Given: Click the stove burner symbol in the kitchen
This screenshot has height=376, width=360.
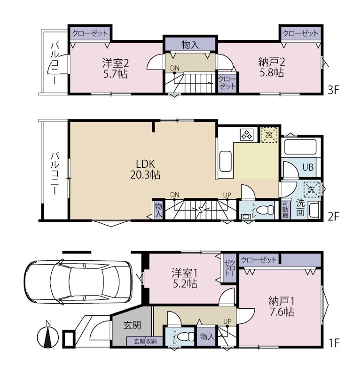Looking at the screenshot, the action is [x=247, y=134].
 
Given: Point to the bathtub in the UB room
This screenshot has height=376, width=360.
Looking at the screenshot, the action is [x=300, y=146].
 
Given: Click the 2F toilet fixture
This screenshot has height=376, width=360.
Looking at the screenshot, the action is [x=265, y=210].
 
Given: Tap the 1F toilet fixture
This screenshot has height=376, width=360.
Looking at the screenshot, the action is [x=187, y=337].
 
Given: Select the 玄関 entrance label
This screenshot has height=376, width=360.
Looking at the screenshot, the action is [x=132, y=325].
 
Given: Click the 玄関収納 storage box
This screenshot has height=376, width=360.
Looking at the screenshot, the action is [x=145, y=341].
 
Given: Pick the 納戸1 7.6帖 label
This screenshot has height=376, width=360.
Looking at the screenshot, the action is [x=282, y=306].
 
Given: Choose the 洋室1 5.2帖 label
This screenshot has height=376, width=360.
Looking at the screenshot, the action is [x=185, y=278].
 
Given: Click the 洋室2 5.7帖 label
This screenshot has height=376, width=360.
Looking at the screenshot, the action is [x=115, y=68].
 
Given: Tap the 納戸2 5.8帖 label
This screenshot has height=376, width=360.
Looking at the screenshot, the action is [x=272, y=67].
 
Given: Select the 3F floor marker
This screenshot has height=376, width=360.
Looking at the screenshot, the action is [x=333, y=90].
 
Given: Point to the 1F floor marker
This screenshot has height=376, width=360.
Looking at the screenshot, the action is [x=334, y=344].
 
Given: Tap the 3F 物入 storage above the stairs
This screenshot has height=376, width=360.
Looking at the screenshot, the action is [x=190, y=44].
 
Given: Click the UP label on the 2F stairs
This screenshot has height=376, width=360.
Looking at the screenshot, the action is [x=227, y=195].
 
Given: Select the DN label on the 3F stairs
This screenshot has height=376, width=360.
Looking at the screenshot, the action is [x=175, y=68].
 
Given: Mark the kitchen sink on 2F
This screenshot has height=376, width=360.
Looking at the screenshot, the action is [x=226, y=161].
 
